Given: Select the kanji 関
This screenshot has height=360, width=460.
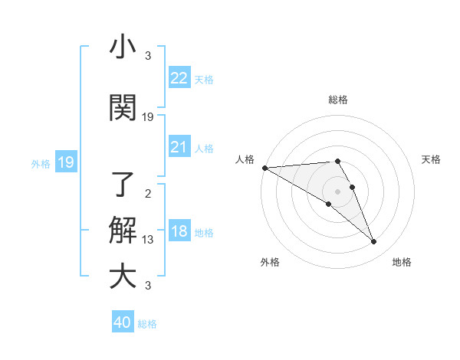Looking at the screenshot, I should [123, 108].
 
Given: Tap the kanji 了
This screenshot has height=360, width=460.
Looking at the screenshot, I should [123, 184].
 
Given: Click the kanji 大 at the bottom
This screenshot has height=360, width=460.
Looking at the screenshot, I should [123, 276].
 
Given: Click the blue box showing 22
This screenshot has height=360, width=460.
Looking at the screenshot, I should [179, 78].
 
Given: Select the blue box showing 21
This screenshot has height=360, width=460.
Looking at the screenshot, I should [179, 147].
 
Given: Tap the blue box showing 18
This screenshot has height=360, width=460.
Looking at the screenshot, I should [179, 232].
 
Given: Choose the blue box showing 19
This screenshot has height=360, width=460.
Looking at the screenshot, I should [66, 162].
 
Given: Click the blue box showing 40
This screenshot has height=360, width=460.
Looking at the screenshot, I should [123, 323].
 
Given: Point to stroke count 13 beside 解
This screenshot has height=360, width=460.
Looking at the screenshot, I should [148, 240].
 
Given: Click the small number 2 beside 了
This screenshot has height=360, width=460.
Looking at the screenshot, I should [148, 194].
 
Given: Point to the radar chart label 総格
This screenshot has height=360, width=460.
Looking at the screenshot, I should [338, 100].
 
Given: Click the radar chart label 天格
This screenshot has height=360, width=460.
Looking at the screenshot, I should [431, 159].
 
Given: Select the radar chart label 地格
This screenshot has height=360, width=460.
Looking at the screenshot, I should [402, 262].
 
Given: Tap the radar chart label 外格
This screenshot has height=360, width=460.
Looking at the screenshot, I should [270, 262].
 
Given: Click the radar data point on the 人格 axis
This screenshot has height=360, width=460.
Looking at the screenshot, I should [264, 168].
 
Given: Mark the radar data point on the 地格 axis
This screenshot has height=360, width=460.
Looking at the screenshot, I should [374, 242].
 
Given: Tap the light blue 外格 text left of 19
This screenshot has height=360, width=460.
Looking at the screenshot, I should [40, 163].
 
